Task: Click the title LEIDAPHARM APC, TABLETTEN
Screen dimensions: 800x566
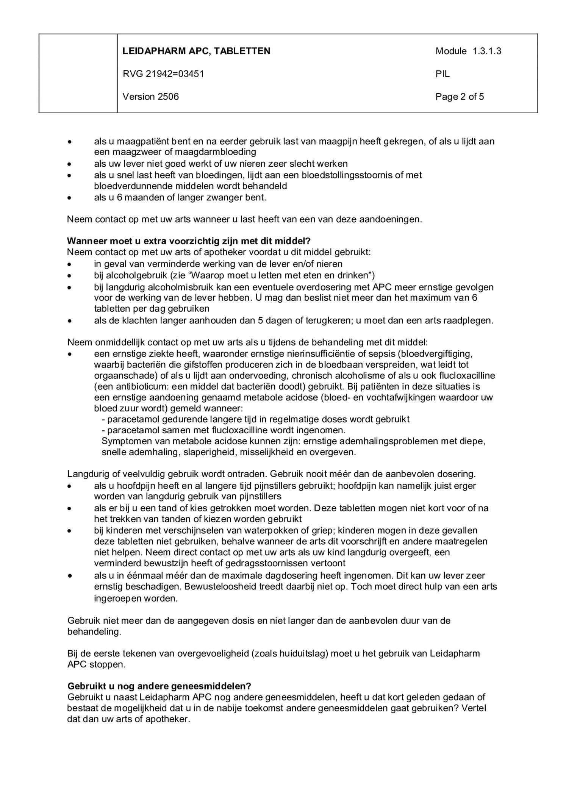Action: pyautogui.click(x=196, y=51)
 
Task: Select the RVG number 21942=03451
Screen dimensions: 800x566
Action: pyautogui.click(x=163, y=74)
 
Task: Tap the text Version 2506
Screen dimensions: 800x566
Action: pyautogui.click(x=150, y=97)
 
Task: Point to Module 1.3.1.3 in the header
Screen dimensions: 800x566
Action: pyautogui.click(x=468, y=51)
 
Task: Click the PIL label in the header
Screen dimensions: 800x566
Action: pyautogui.click(x=442, y=74)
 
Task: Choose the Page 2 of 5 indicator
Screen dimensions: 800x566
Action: pyautogui.click(x=460, y=97)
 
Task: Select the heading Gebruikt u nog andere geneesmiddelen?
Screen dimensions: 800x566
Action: pyautogui.click(x=159, y=686)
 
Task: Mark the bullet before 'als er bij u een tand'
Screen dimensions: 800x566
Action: pyautogui.click(x=69, y=509)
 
